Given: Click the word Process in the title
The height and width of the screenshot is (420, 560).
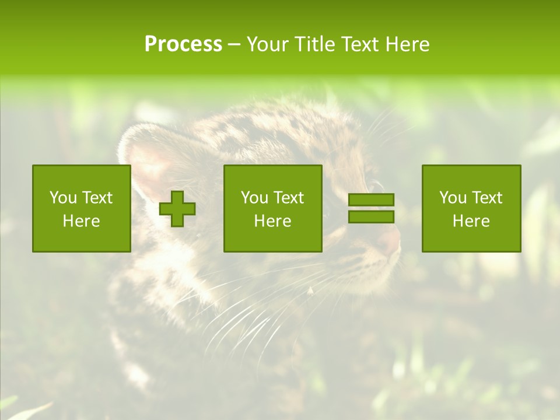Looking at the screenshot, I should tap(183, 44).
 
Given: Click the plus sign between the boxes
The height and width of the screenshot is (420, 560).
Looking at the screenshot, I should tap(177, 209).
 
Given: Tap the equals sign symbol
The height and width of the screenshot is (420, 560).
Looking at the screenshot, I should tap(371, 208).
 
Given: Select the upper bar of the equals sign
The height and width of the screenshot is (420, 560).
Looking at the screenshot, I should tap(371, 200).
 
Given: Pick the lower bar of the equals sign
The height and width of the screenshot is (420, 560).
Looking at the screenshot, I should tap(371, 216).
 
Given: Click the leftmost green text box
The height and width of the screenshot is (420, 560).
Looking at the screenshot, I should tap(82, 208).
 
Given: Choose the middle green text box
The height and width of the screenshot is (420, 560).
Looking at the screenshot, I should tap(272, 208).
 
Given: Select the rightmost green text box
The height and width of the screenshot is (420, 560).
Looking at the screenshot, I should tap(471, 208).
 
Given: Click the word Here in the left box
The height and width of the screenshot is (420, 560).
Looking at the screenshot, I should tap(82, 221).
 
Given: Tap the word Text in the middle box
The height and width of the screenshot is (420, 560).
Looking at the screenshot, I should tap(288, 198).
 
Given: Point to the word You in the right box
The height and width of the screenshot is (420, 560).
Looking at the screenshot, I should tap(453, 198).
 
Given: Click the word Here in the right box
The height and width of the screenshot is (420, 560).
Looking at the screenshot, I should tap(471, 221).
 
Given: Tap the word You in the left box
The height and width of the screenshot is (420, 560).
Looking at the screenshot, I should tap(63, 198).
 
